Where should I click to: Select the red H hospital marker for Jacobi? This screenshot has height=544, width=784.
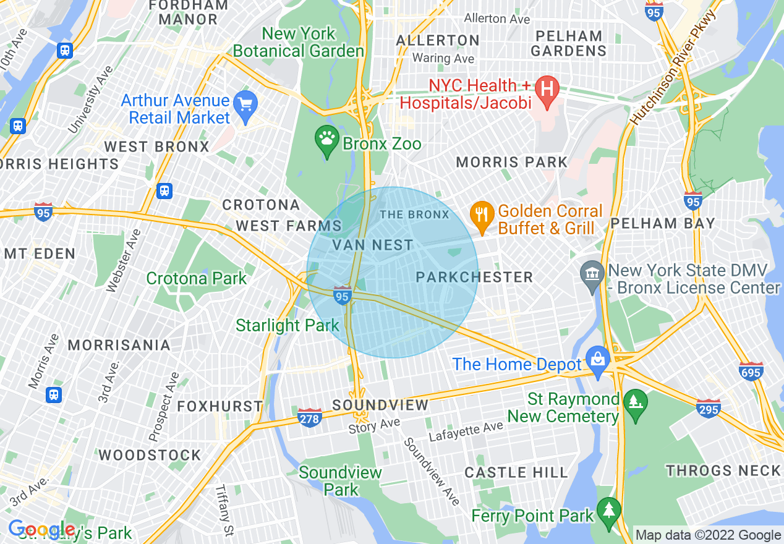tap(547, 88)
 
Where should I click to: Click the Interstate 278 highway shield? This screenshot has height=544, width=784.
tap(309, 419)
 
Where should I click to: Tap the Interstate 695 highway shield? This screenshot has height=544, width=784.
tap(751, 371)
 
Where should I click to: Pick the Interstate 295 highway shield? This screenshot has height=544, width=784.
tap(708, 408)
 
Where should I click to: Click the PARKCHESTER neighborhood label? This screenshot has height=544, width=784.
tap(474, 277)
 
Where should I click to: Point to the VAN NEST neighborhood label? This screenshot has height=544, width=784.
tap(373, 245)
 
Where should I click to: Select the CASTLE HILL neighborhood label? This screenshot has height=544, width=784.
tap(516, 473)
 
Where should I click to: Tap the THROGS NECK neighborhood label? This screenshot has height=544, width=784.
tap(723, 471)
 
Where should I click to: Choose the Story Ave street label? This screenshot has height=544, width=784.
tap(374, 426)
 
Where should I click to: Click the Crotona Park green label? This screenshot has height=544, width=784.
tap(196, 279)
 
